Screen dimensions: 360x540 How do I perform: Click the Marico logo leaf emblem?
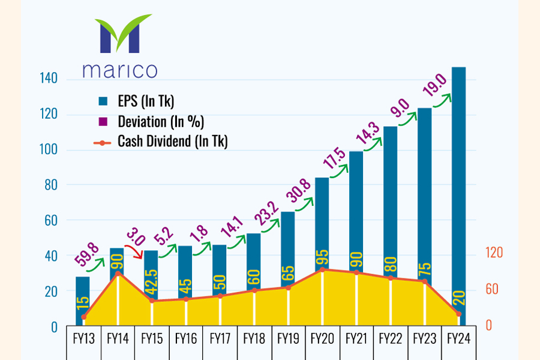click(118, 37)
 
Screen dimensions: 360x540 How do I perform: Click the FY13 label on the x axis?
click(83, 339)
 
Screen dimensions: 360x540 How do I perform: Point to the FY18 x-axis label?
click(254, 339)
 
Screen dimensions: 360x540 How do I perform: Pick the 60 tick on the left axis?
click(51, 220)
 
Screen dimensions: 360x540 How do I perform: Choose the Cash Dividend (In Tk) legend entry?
click(172, 142)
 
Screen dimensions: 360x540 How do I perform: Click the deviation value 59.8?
click(86, 254)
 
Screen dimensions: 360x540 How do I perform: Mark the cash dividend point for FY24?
click(458, 314)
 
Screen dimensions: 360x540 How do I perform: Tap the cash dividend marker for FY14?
click(118, 273)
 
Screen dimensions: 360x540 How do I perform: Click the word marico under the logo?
click(119, 70)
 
